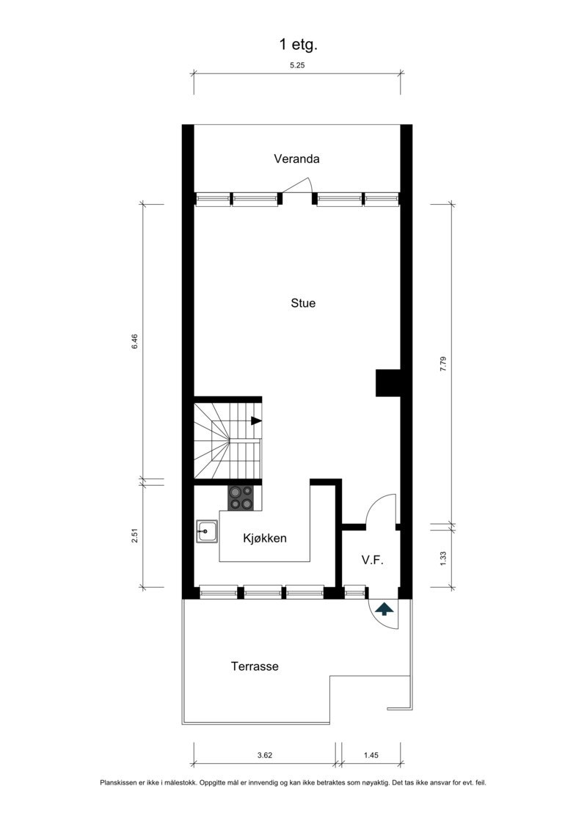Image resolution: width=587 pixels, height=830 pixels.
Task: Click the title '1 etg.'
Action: [x=298, y=45]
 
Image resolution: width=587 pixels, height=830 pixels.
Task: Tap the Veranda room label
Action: [x=297, y=159]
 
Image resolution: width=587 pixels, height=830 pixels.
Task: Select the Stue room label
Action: [x=303, y=302]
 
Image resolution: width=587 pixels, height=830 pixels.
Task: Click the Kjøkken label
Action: [x=264, y=539]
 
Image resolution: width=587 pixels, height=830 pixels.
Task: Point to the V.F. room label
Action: [x=373, y=560]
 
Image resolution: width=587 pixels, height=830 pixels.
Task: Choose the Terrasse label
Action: [x=255, y=667]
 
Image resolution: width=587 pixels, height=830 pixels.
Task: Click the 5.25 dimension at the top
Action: [x=297, y=65]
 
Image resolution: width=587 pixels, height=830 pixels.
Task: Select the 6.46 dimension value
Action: [x=134, y=343]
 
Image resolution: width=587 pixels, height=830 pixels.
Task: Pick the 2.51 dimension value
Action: [x=134, y=536]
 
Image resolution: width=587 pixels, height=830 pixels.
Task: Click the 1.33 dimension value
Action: [x=442, y=558]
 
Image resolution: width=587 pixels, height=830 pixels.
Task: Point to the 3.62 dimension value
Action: [x=265, y=754]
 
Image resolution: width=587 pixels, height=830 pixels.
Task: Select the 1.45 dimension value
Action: [x=371, y=754]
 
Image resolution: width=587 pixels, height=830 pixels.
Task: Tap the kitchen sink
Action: [x=206, y=531]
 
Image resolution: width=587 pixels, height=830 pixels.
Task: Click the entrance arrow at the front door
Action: [x=383, y=608]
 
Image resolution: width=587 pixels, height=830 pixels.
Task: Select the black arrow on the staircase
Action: [x=256, y=421]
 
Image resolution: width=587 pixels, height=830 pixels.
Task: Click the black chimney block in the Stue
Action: [x=387, y=382]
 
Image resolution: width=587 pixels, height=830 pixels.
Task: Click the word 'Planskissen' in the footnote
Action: [x=119, y=783]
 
